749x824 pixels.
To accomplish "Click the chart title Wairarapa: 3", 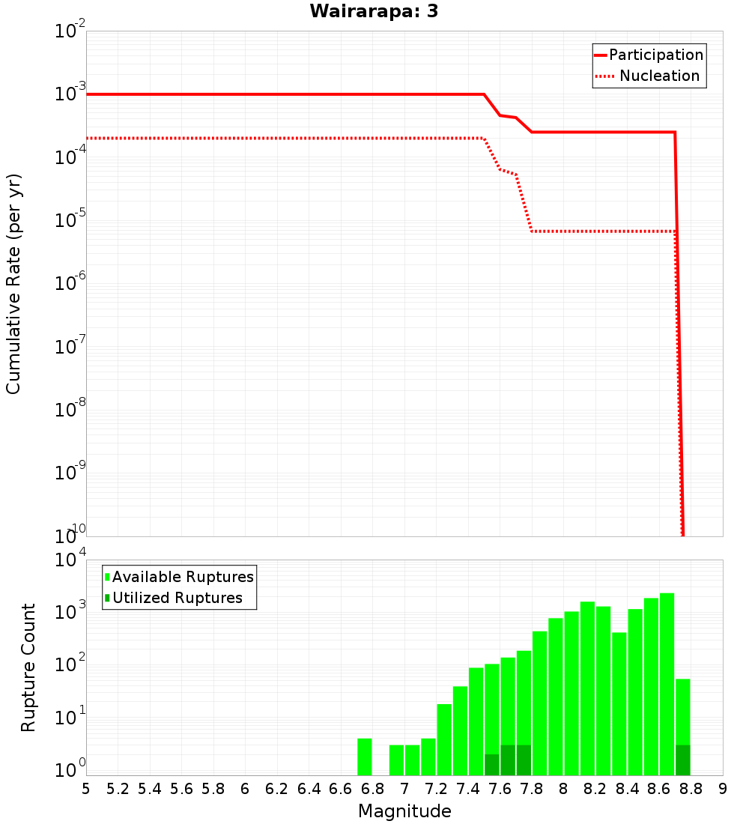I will click(x=374, y=11).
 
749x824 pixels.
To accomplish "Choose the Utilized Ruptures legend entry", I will click(x=177, y=598).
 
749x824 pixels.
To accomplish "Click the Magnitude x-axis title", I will click(x=404, y=811).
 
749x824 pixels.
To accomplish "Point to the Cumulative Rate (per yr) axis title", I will click(x=14, y=283).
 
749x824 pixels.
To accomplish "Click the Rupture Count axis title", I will click(x=28, y=667).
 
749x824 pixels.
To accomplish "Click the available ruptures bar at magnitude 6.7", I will click(x=365, y=757).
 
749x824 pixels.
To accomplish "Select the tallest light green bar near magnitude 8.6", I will click(x=667, y=682).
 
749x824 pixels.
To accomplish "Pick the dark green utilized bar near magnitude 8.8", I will click(x=682, y=760).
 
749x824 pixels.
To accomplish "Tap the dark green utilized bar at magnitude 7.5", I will click(x=492, y=764).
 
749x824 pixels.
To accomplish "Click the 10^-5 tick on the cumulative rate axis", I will click(x=70, y=221).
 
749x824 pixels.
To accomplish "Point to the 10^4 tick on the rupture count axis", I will click(x=70, y=560).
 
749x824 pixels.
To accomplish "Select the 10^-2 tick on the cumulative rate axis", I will click(x=70, y=31).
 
